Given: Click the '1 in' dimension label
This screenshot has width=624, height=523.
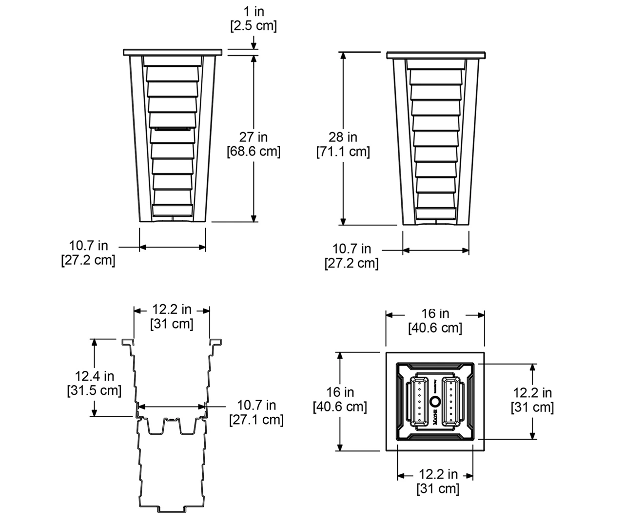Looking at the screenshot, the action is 253,12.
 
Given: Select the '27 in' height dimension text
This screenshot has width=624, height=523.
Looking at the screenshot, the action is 253,137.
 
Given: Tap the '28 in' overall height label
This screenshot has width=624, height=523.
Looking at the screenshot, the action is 343,137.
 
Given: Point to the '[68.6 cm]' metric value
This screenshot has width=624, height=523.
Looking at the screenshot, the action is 253,151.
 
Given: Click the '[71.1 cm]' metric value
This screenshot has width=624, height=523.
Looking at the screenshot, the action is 343,151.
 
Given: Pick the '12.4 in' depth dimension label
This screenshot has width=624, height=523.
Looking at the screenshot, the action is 95,376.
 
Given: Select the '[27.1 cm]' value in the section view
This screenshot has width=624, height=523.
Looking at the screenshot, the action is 256,420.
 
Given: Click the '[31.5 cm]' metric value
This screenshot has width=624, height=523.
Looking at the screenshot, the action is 95,390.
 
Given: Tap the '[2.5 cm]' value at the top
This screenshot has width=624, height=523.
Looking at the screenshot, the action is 253,26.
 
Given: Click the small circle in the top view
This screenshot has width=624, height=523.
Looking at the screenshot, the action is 435,401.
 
